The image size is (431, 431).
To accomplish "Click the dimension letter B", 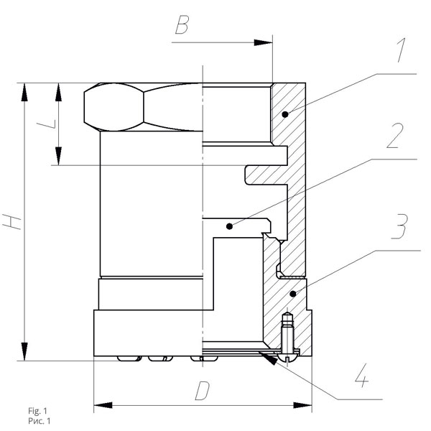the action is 182,24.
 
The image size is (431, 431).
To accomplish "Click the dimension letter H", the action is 11,222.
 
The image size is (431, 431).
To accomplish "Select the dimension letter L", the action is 47,124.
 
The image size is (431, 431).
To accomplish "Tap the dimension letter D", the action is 203,391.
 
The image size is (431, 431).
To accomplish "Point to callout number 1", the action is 402,50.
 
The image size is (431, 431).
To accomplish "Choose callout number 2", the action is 395,136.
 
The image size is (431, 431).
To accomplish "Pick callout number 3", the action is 400,226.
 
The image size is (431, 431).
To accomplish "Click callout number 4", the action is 361,376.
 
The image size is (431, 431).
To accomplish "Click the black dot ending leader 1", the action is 285,113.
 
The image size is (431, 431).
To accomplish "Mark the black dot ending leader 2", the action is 230,226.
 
